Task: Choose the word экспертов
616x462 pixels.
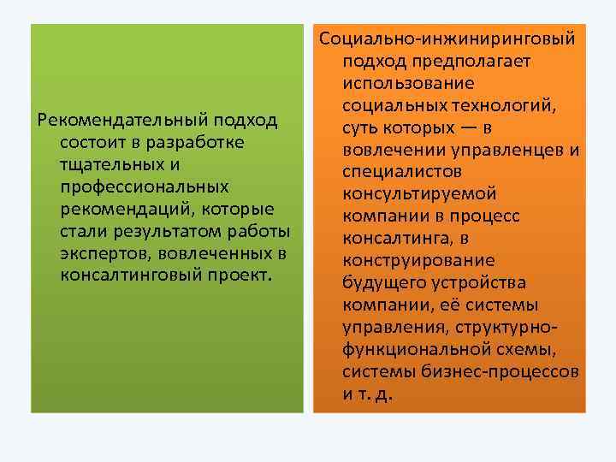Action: tap(104, 254)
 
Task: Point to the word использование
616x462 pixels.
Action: tap(408, 84)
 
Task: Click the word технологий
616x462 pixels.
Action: tap(505, 106)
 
